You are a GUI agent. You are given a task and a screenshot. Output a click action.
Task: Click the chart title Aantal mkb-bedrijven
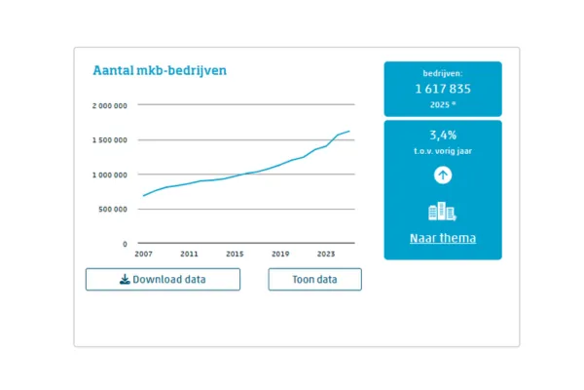pos(160,70)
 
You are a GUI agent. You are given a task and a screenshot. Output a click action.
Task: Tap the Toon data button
pos(314,280)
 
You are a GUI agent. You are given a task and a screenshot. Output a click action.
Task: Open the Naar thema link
pos(443,238)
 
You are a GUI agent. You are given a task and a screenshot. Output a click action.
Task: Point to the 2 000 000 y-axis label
pos(108,105)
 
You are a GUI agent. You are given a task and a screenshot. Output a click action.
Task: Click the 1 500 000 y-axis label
pos(108,139)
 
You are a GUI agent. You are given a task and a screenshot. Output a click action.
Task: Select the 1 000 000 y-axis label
pos(108,175)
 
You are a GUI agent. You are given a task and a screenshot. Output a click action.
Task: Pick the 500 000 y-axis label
pos(113,209)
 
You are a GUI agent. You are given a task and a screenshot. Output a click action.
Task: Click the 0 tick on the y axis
pos(125,244)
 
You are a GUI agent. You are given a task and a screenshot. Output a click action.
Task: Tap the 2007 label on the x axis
pos(144,253)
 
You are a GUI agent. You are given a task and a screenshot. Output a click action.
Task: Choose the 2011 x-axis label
pos(189,253)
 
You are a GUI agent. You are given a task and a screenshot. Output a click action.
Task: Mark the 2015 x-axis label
pos(235,253)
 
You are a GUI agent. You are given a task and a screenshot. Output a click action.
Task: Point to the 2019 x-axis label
pos(280,253)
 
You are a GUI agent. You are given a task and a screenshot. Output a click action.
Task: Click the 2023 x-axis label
pos(326,253)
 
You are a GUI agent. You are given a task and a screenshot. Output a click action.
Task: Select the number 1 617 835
pos(443,89)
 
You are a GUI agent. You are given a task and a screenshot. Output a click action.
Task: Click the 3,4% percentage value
pos(443,136)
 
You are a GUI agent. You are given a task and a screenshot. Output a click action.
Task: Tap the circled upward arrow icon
pos(443,175)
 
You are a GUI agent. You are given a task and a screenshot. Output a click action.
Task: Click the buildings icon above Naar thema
pos(443,212)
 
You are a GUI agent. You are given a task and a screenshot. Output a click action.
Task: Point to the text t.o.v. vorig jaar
pos(443,151)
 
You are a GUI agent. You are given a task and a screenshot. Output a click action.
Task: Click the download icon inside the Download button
pos(125,280)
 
